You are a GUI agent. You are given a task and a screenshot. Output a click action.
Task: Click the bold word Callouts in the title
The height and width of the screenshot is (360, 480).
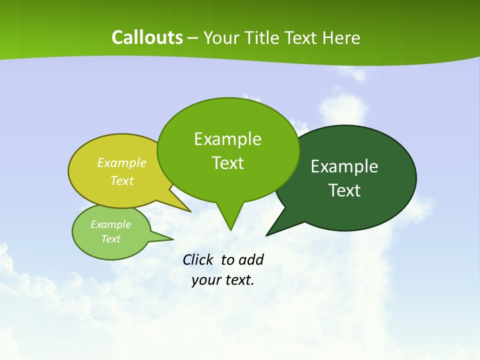147,37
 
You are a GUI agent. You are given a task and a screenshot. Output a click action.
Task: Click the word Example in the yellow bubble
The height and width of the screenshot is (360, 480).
122,162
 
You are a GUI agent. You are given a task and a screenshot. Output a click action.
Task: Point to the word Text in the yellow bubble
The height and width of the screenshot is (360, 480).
122,180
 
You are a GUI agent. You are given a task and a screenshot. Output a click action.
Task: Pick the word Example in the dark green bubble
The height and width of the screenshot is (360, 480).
344,166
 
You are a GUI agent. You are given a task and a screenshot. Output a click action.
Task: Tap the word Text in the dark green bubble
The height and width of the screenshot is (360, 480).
344,190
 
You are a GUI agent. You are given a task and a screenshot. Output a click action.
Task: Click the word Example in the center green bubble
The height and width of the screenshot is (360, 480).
227,139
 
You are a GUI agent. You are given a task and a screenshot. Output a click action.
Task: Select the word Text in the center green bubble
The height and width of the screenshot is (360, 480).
227,163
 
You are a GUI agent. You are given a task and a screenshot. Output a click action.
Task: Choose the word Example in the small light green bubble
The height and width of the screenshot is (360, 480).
110,224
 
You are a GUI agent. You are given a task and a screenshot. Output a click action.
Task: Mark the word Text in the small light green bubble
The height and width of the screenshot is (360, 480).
110,239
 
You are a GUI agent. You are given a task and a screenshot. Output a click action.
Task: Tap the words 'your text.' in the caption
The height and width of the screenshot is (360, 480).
223,280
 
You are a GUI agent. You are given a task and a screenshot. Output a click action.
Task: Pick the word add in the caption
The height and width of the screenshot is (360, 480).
250,259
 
